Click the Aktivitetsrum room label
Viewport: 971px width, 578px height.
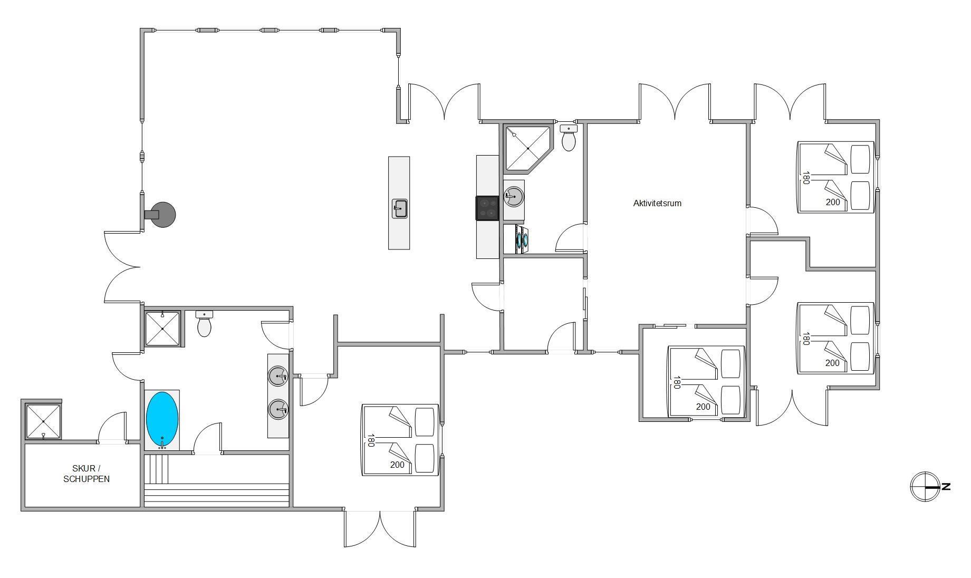(657, 203)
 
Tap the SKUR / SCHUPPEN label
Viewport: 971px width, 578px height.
(86, 474)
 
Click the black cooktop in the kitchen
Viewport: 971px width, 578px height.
(487, 208)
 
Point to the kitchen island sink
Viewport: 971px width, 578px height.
(399, 208)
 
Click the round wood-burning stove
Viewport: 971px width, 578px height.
(162, 215)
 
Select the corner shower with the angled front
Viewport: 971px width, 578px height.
(528, 148)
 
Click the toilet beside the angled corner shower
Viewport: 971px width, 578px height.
(569, 138)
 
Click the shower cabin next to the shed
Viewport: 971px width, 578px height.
(43, 421)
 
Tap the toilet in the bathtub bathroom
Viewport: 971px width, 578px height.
(204, 323)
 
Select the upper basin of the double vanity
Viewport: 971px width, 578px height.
(278, 377)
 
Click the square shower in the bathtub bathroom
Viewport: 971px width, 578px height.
(162, 329)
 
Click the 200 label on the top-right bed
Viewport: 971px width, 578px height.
(833, 202)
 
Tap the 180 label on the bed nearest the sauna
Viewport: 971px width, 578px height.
(371, 440)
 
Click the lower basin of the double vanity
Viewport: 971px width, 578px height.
(278, 409)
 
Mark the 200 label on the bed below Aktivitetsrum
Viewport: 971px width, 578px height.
(703, 407)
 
